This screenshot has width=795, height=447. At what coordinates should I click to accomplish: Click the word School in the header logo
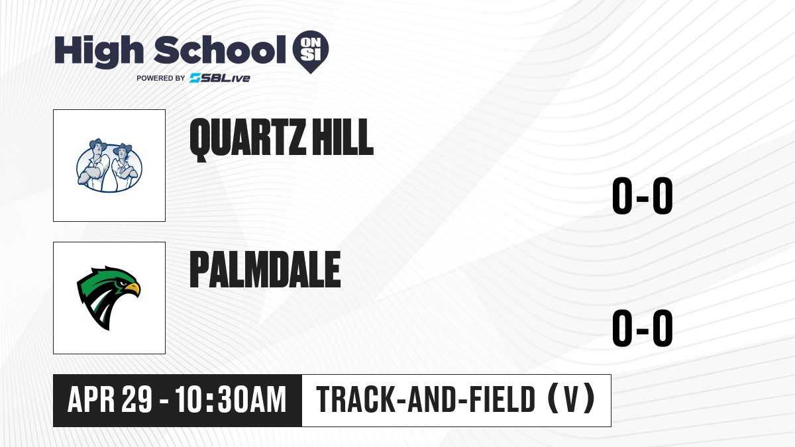click(x=220, y=50)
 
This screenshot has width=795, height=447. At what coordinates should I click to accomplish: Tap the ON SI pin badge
click(x=311, y=52)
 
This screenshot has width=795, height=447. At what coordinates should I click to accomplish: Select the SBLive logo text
click(x=220, y=78)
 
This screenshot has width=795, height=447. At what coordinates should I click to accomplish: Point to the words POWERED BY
click(x=161, y=78)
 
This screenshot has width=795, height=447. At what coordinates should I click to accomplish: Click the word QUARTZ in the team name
click(x=248, y=138)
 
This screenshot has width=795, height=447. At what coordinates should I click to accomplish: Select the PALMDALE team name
click(x=265, y=270)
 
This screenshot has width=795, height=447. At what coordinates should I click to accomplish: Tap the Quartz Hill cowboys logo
click(x=109, y=166)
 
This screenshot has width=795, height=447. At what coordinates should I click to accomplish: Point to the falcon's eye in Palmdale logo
click(x=122, y=283)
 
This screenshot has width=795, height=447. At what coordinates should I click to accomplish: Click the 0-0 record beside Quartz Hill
click(x=643, y=195)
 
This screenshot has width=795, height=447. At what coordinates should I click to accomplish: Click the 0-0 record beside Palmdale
click(x=643, y=328)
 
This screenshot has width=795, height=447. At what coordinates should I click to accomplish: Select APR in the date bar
click(x=91, y=399)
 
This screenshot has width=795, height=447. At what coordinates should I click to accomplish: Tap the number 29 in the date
click(x=137, y=399)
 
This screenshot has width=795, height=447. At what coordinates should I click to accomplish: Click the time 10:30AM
click(x=231, y=399)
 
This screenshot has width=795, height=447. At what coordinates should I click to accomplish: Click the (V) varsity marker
click(x=571, y=399)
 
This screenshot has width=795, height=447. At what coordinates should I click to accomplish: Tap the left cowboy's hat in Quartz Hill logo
click(x=98, y=144)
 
